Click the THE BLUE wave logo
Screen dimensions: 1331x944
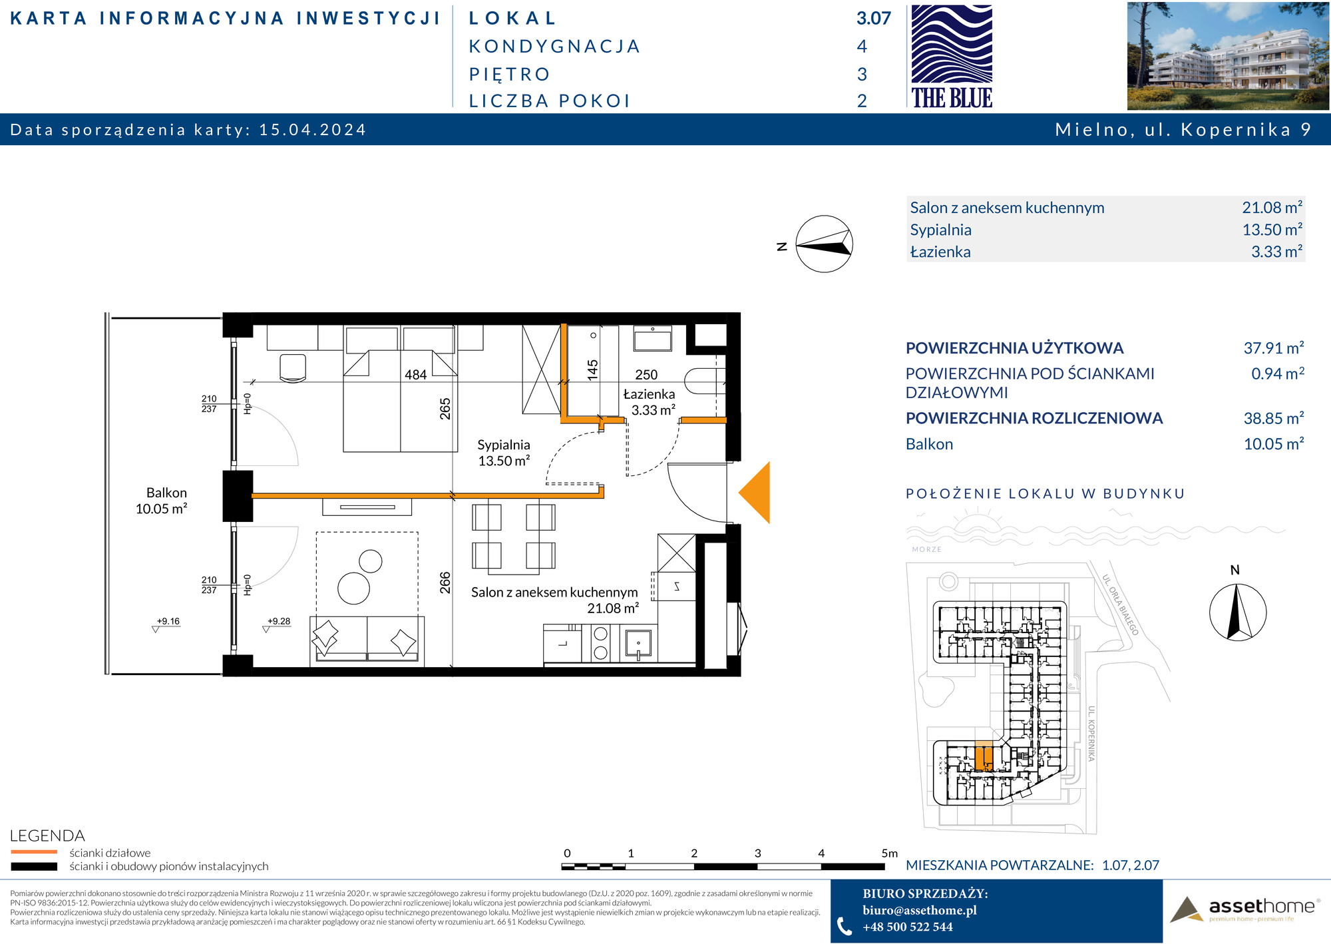click(x=952, y=56)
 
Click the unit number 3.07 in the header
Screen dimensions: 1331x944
click(x=873, y=19)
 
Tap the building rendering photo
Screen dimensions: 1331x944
click(x=1228, y=56)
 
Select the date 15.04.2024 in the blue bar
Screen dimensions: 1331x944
click(x=313, y=129)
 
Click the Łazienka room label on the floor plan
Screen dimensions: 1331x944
click(x=649, y=394)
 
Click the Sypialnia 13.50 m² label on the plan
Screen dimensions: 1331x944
click(x=504, y=453)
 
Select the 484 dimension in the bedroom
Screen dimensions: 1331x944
click(x=415, y=375)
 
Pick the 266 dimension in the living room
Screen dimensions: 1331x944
click(x=445, y=583)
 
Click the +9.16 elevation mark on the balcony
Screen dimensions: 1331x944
click(x=168, y=621)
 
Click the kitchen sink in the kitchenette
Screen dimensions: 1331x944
click(x=638, y=644)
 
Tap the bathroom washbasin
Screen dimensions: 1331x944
click(x=652, y=338)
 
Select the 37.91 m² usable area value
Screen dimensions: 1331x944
click(x=1274, y=348)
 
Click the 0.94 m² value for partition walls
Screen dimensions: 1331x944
click(x=1278, y=373)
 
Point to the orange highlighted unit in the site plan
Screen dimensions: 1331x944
click(x=984, y=757)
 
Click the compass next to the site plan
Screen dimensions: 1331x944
click(x=1237, y=612)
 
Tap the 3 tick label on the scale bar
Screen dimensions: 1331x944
click(x=757, y=853)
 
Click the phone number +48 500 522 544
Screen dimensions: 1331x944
click(x=908, y=927)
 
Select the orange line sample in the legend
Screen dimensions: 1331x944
click(x=34, y=851)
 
